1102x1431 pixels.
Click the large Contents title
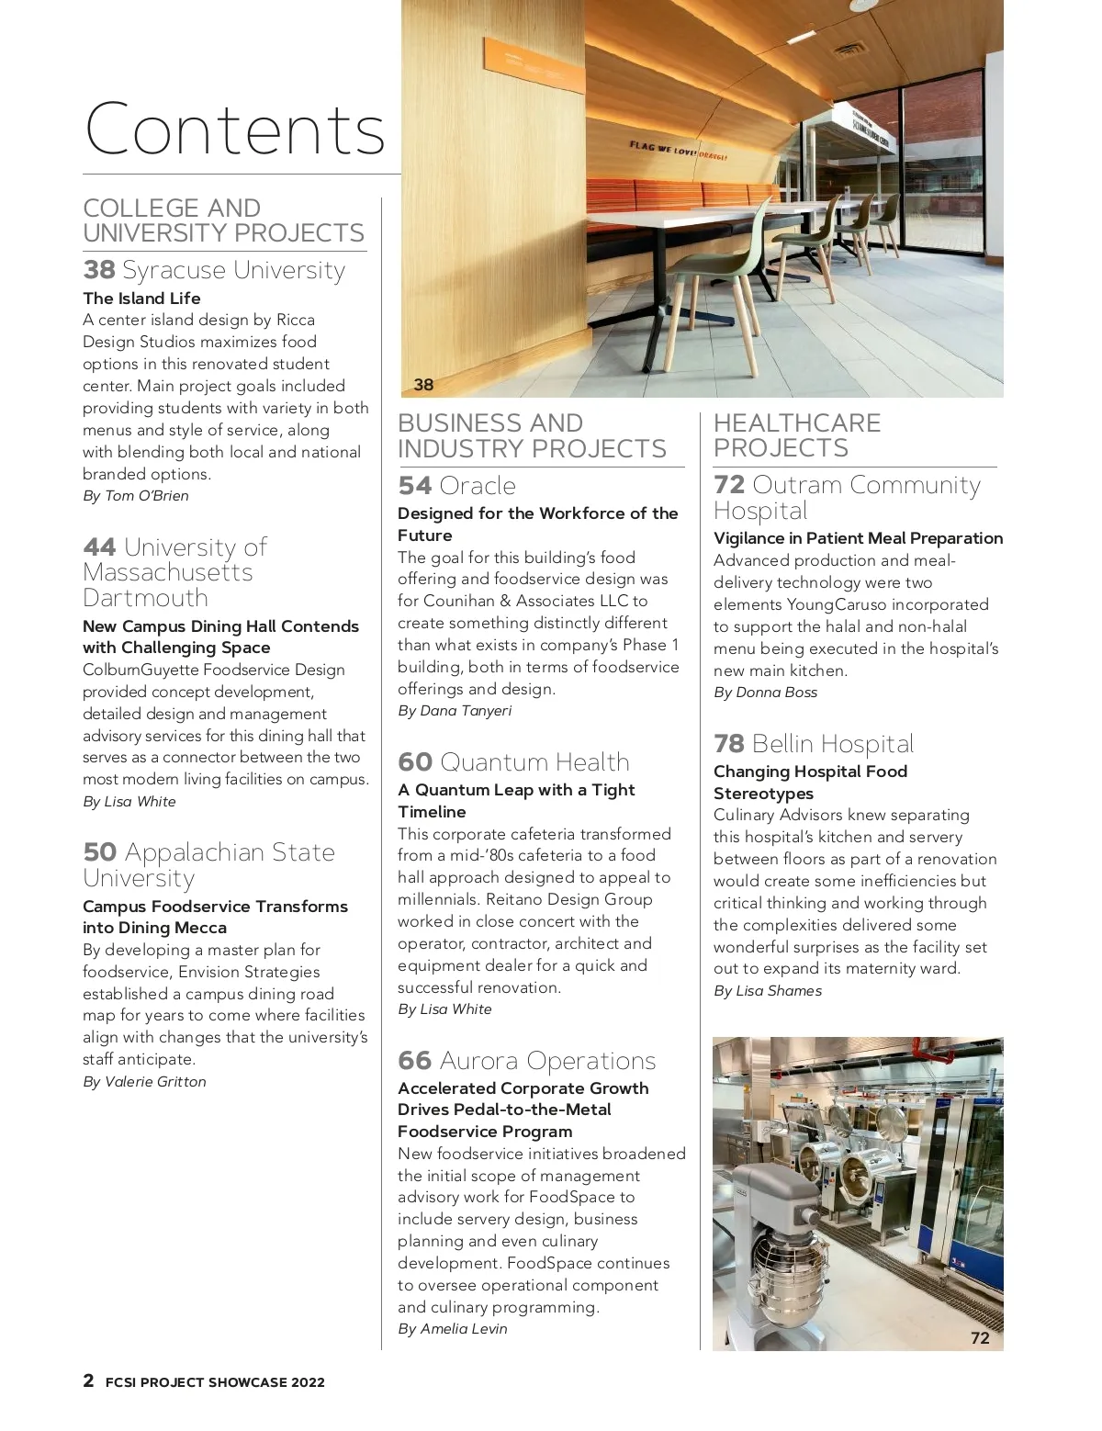pos(235,130)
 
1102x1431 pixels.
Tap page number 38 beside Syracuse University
pos(98,270)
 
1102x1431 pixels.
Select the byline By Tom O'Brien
pos(136,496)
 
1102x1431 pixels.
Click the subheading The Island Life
pos(141,299)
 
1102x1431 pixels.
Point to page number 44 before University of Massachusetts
pos(99,547)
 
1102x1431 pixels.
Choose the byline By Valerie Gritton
pos(144,1082)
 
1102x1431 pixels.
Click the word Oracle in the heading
pos(478,486)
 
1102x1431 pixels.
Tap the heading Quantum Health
pos(534,762)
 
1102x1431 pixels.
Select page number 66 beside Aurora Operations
pos(414,1061)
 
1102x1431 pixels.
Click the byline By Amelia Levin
pos(452,1329)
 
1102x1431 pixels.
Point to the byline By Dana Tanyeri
pos(455,711)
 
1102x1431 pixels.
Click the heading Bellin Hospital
pos(832,744)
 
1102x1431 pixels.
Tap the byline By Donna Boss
pos(765,693)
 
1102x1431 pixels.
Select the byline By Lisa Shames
pos(768,991)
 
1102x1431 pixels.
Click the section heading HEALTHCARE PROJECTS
pos(796,435)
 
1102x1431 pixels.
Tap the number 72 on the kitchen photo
pos(980,1338)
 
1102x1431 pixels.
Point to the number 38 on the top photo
pos(423,385)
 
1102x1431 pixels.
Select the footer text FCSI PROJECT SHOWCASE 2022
pos(215,1382)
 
